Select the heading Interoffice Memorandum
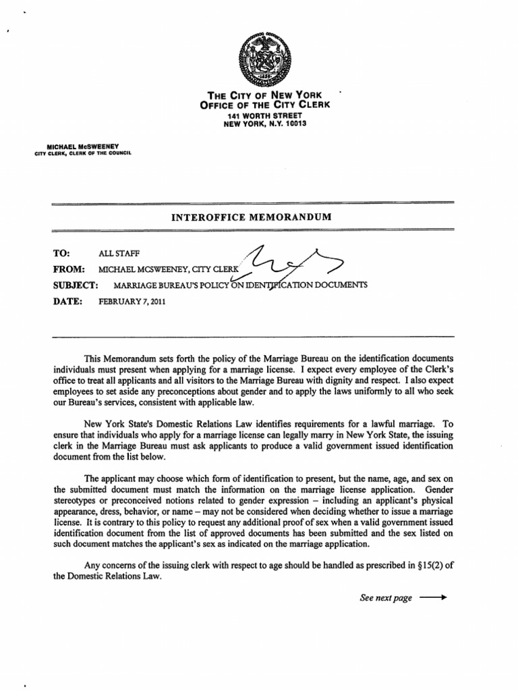(253, 217)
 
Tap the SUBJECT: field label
(76, 285)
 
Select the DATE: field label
(67, 302)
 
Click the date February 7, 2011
(131, 302)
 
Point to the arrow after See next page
(434, 598)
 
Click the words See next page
(385, 598)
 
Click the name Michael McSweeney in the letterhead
(84, 146)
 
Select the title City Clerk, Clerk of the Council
(84, 153)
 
